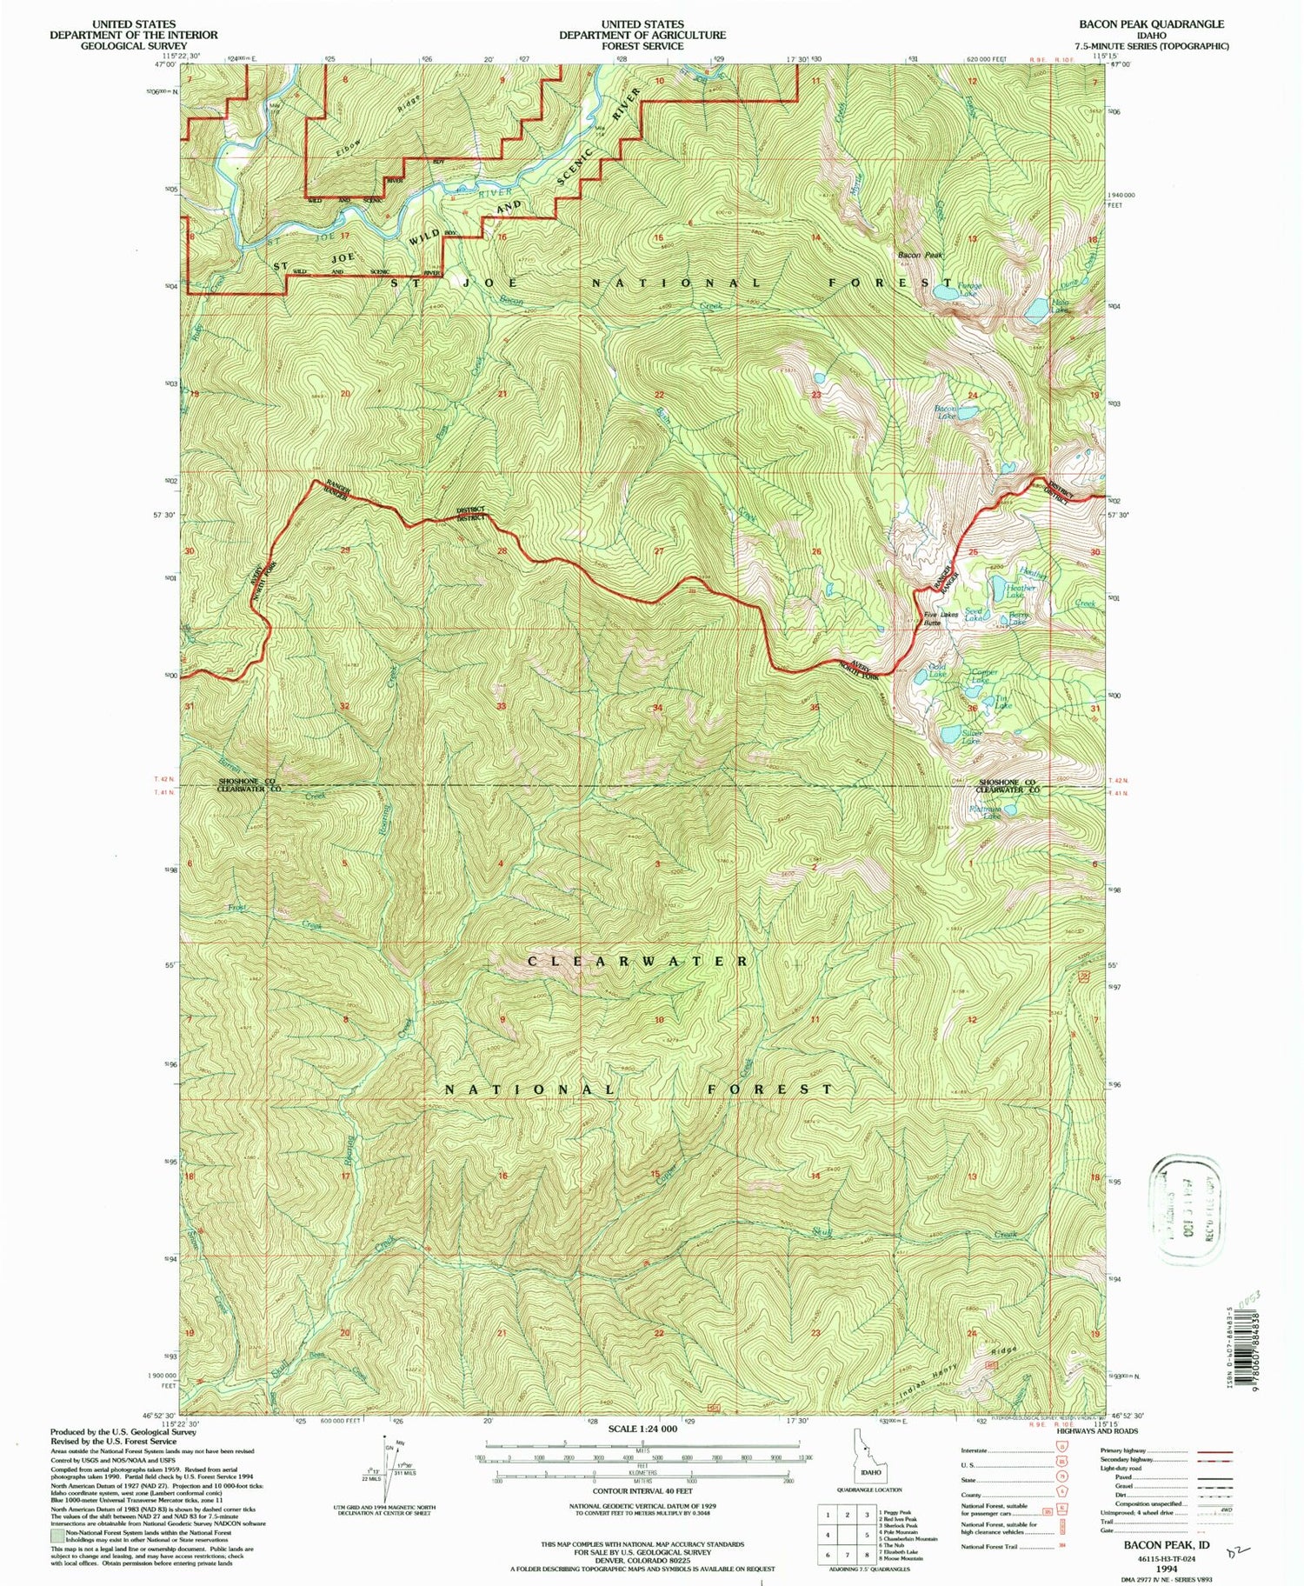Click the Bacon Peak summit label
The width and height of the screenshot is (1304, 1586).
[x=920, y=255]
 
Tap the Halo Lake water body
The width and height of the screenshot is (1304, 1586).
[x=1035, y=310]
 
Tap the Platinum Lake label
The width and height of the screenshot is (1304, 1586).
[x=985, y=812]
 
